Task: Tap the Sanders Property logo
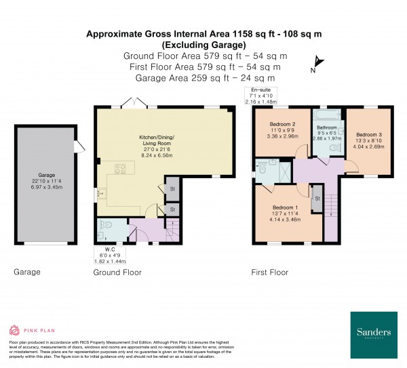[374, 335]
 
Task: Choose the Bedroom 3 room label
[370, 135]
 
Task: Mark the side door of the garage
[80, 144]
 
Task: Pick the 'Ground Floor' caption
[117, 272]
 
